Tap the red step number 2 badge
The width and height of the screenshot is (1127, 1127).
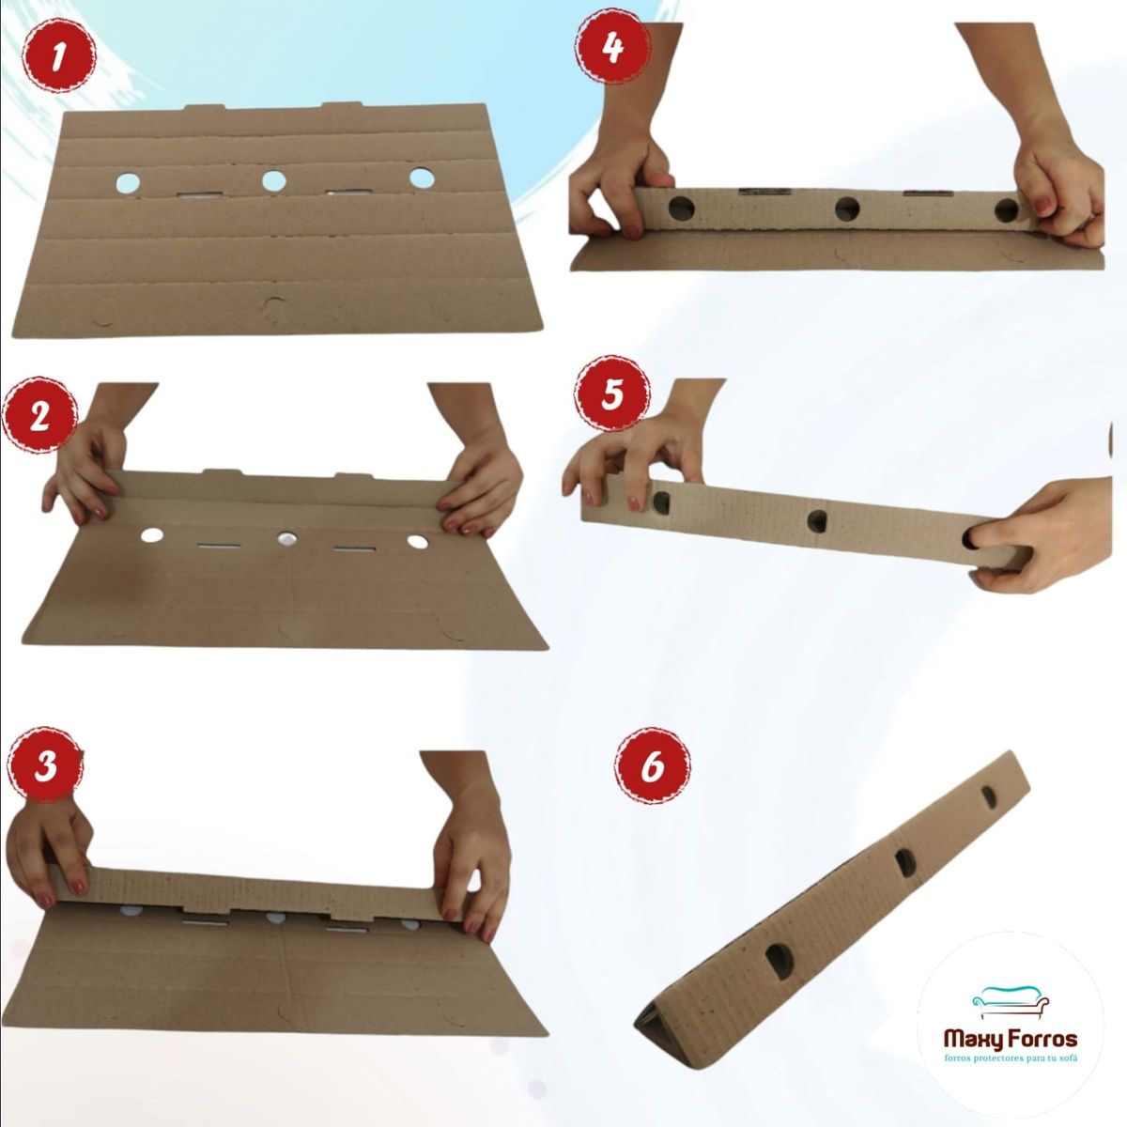[x=39, y=416]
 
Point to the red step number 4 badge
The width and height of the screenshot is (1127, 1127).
[x=612, y=47]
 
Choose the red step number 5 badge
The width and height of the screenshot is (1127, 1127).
[x=611, y=393]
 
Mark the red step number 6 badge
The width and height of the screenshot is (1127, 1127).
[x=652, y=765]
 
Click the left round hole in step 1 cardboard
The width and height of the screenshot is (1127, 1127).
[x=128, y=182]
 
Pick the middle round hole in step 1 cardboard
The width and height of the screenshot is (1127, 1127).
[x=273, y=180]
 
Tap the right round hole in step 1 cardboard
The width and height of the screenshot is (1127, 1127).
[x=421, y=178]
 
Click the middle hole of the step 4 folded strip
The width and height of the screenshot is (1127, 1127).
[x=847, y=208]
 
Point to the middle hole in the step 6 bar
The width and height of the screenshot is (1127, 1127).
[x=905, y=863]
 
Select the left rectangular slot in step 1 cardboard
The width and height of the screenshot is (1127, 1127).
[x=199, y=195]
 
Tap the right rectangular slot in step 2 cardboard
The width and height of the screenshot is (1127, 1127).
[x=354, y=548]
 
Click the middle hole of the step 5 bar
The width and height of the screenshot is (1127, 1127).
[x=816, y=520]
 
